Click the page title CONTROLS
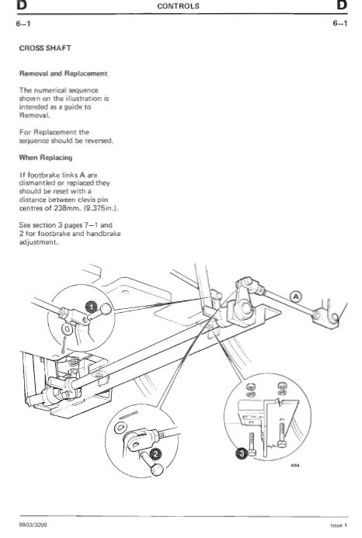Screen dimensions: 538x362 (x=179, y=6)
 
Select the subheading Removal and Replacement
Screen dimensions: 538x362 (x=63, y=74)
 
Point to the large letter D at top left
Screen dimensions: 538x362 (x=9, y=6)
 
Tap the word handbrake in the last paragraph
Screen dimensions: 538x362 (x=103, y=234)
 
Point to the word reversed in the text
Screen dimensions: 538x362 (x=96, y=141)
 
